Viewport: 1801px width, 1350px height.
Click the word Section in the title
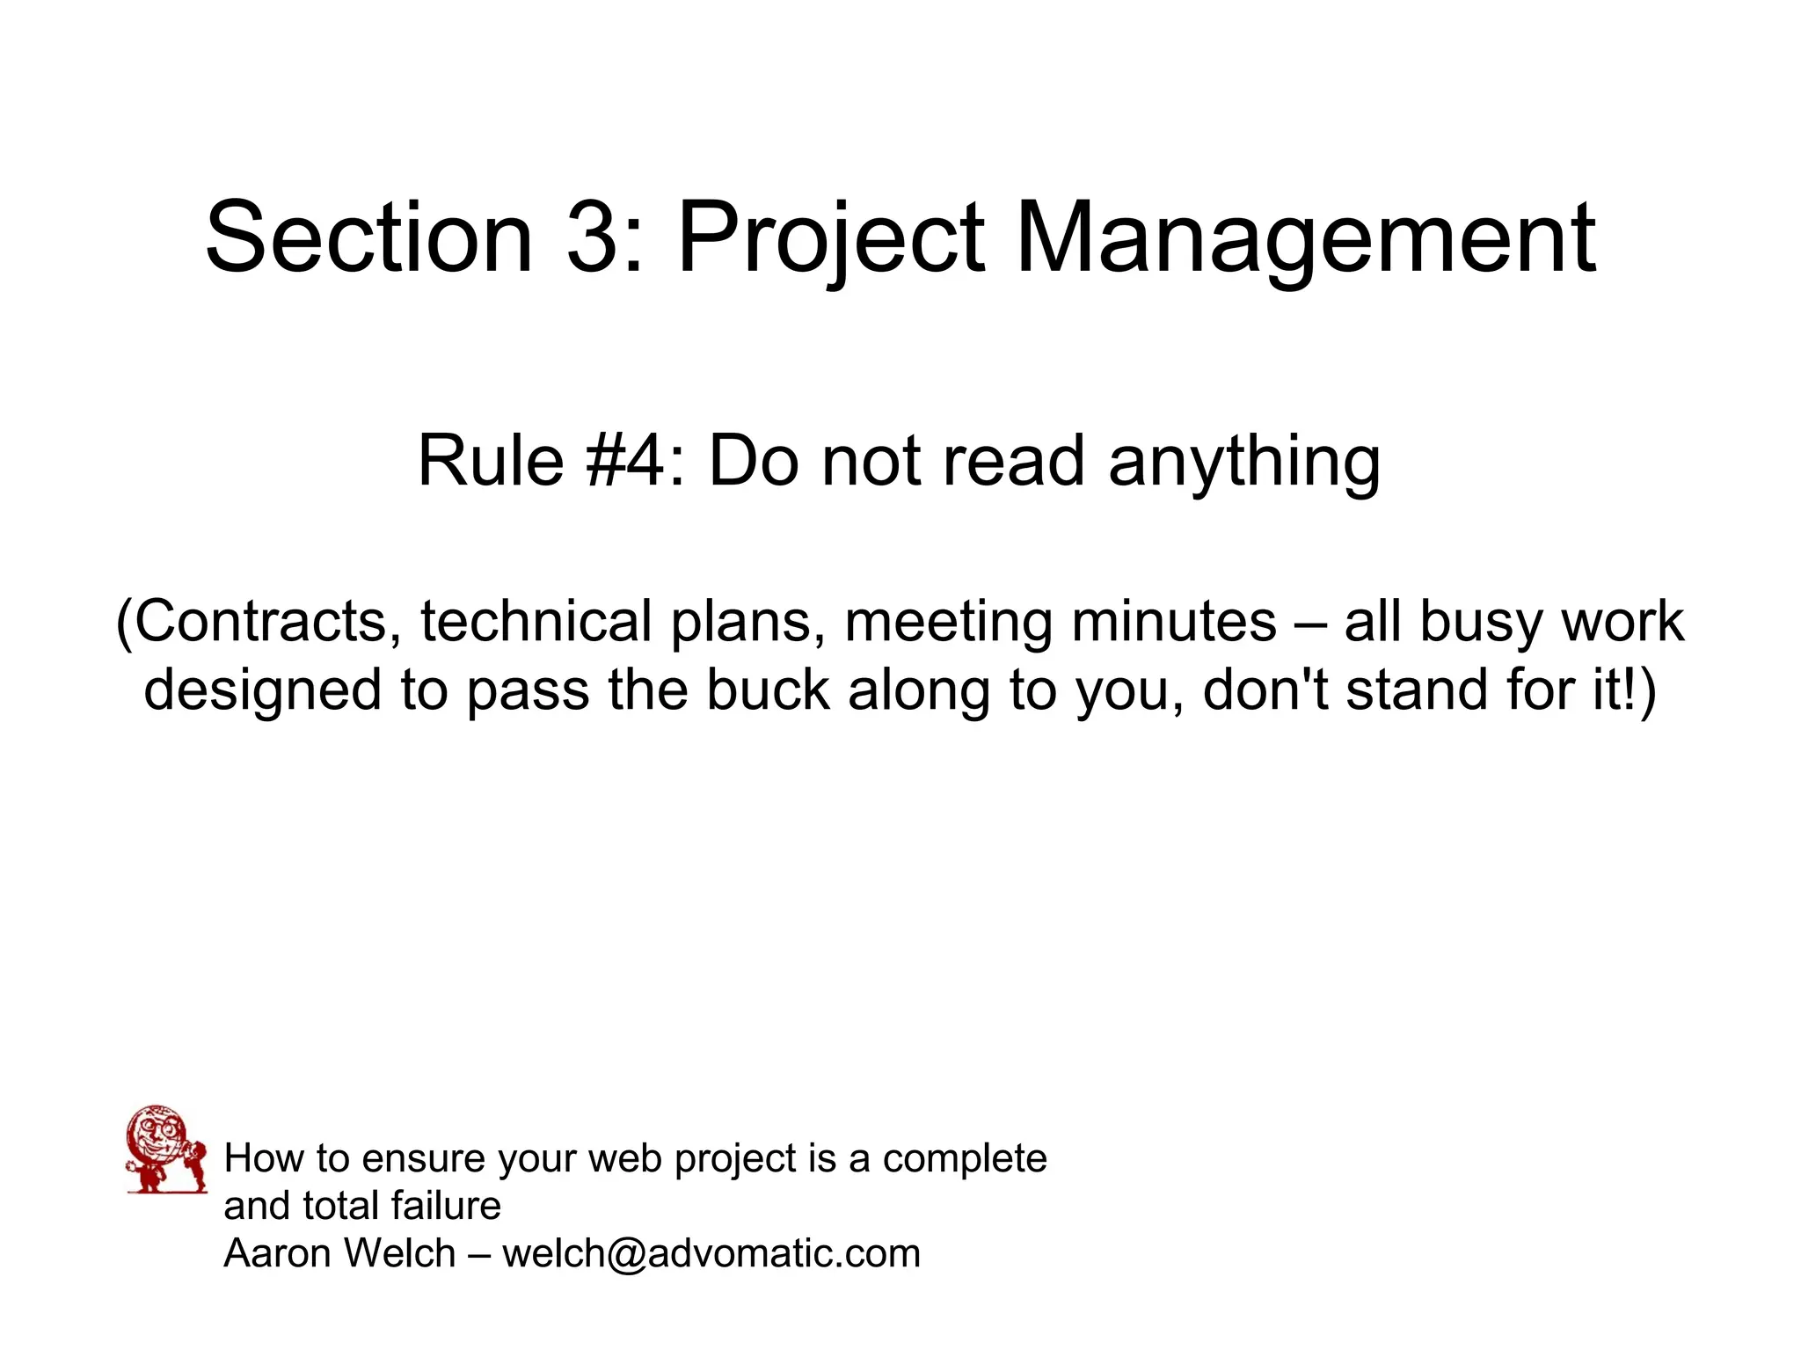click(x=369, y=237)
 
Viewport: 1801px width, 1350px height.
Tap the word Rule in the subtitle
click(x=490, y=461)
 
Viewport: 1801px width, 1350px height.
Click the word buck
click(x=768, y=690)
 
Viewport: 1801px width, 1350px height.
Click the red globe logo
click(x=165, y=1149)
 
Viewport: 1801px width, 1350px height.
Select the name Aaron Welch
click(x=339, y=1253)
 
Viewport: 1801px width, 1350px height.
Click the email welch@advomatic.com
click(x=711, y=1253)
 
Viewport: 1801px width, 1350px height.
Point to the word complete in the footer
click(x=965, y=1159)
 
